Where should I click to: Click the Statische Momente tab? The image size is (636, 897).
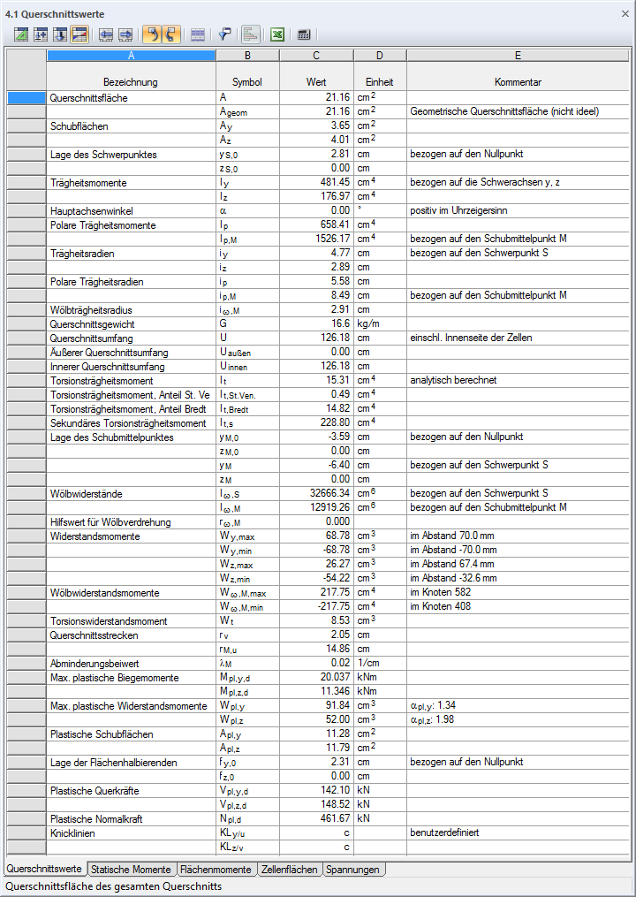(132, 870)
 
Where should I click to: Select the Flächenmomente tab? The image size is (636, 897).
(216, 870)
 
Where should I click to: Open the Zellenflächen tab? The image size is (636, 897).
(289, 870)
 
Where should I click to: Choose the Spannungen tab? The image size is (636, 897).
(352, 870)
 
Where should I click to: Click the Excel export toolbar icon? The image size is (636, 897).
(276, 34)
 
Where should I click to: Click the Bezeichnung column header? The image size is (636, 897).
(131, 82)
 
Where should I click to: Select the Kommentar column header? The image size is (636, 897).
(518, 82)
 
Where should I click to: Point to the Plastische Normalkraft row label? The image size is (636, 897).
(96, 819)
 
